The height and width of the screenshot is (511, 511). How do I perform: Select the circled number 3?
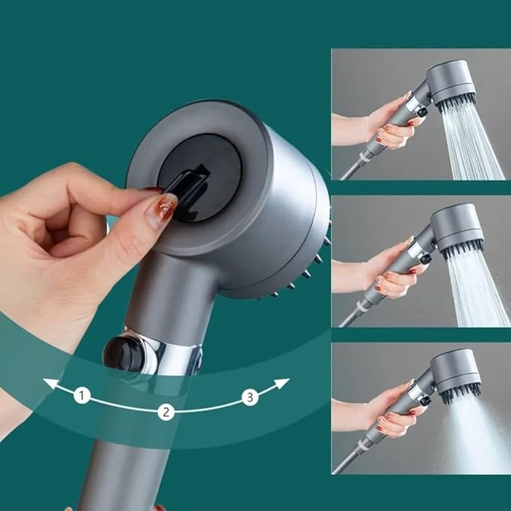tap(250, 397)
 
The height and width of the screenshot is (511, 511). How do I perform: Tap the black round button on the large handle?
tap(121, 352)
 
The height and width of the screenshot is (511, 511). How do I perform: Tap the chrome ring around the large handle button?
tap(162, 354)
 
